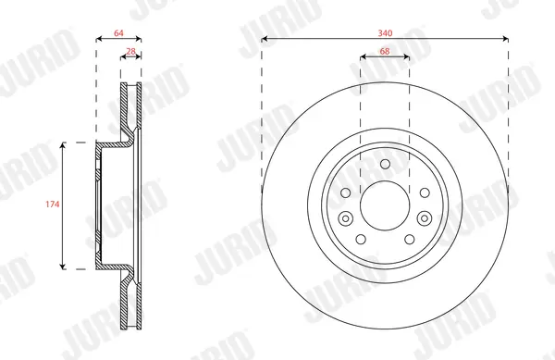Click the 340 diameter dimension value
pos(385,33)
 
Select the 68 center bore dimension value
pos(385,51)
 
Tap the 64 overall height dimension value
pos(118,33)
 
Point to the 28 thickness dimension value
pos(131,51)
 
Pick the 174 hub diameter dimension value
pos(53,205)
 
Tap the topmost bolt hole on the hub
pos(385,164)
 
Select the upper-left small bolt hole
pos(345,192)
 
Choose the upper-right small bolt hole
pos(425,192)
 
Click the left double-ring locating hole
pos(345,218)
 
